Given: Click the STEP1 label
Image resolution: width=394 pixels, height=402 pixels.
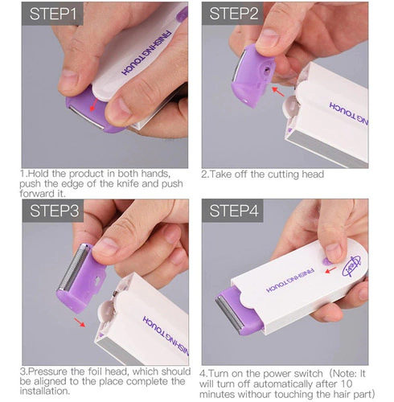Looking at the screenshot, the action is pyautogui.click(x=53, y=14).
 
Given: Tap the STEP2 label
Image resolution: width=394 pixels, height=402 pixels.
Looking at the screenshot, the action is pyautogui.click(x=234, y=14).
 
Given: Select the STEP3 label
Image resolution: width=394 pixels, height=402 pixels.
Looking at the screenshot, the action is pyautogui.click(x=55, y=211).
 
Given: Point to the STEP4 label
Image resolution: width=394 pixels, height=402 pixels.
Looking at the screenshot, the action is pyautogui.click(x=234, y=211).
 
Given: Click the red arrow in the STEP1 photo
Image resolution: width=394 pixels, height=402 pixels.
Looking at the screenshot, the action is pyautogui.click(x=93, y=105).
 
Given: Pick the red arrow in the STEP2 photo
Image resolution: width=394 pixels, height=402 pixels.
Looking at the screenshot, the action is pyautogui.click(x=278, y=92).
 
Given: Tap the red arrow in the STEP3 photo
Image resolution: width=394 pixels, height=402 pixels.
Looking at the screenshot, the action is pyautogui.click(x=80, y=322).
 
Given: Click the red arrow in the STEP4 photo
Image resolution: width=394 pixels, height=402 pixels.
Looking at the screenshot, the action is pyautogui.click(x=330, y=270).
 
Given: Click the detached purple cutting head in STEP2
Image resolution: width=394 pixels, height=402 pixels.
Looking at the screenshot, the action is pyautogui.click(x=252, y=76).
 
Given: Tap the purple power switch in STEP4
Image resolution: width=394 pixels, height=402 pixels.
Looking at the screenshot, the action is pyautogui.click(x=325, y=261).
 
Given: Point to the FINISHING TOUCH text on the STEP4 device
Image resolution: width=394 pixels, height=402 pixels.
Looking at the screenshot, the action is pyautogui.click(x=290, y=280).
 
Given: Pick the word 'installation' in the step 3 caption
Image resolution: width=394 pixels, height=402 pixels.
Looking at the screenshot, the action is pyautogui.click(x=44, y=391).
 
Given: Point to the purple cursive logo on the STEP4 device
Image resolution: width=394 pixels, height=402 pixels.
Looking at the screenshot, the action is pyautogui.click(x=352, y=266).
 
